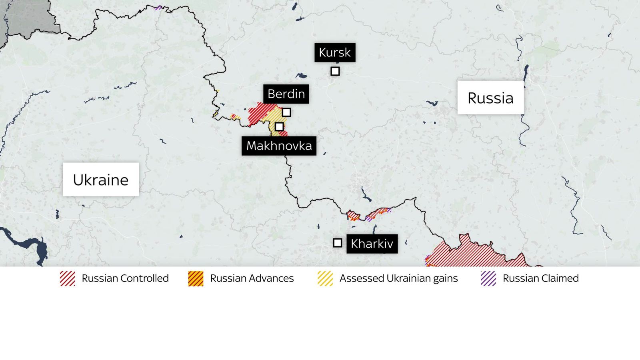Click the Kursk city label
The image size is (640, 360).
click(335, 52)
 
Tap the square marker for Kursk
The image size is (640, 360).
click(335, 71)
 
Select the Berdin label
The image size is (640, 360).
click(286, 94)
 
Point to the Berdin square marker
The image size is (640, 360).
click(286, 112)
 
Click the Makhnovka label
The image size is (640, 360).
click(279, 146)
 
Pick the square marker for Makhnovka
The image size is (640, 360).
click(279, 127)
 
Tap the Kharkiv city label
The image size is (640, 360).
click(372, 244)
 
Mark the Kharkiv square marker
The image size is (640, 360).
click(338, 243)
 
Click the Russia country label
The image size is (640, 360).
click(490, 98)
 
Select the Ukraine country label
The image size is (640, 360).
click(101, 180)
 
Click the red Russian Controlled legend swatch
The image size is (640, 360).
click(68, 278)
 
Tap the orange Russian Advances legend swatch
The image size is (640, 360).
click(196, 278)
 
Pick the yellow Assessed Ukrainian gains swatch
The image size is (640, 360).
click(325, 278)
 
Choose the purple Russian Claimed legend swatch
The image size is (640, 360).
click(488, 278)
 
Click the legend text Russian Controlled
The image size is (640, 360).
click(125, 278)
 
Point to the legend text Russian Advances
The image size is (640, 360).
click(252, 278)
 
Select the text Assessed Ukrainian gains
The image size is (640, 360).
click(398, 278)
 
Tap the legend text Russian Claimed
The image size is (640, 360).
click(540, 278)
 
